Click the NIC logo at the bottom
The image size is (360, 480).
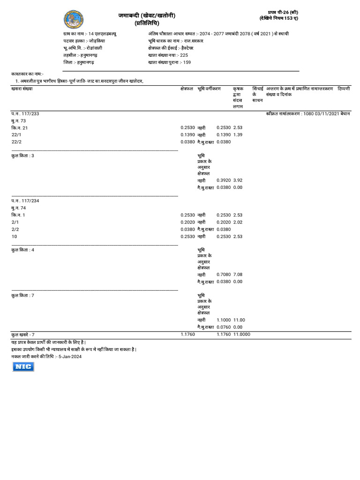(x=23, y=367)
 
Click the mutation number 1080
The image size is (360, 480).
(x=309, y=113)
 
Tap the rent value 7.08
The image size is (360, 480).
(x=238, y=274)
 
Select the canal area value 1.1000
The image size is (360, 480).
(x=224, y=320)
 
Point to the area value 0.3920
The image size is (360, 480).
(x=224, y=180)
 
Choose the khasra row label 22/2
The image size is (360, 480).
(x=16, y=142)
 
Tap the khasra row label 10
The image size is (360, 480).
(x=14, y=237)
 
